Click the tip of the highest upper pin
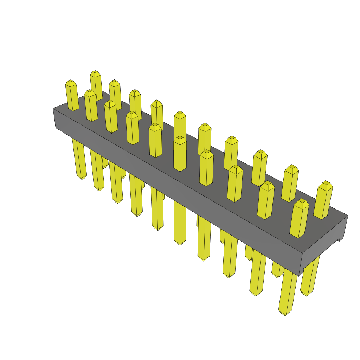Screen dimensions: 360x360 coord(95,72)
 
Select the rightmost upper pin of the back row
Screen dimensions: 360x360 coord(323,200)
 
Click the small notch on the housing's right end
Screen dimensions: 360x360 coord(340,240)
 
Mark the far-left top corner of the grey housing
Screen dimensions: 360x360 coord(53,108)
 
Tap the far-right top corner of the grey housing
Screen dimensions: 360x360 coord(347,216)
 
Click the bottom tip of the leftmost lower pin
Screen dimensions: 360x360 coord(82,178)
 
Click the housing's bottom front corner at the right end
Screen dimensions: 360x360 coord(300,276)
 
